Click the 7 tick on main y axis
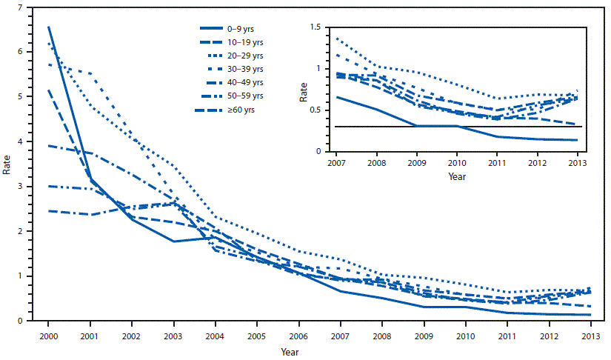tap(29, 7)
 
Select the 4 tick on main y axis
tap(29, 141)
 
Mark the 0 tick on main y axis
tap(29, 321)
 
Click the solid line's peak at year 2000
tap(48, 27)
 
